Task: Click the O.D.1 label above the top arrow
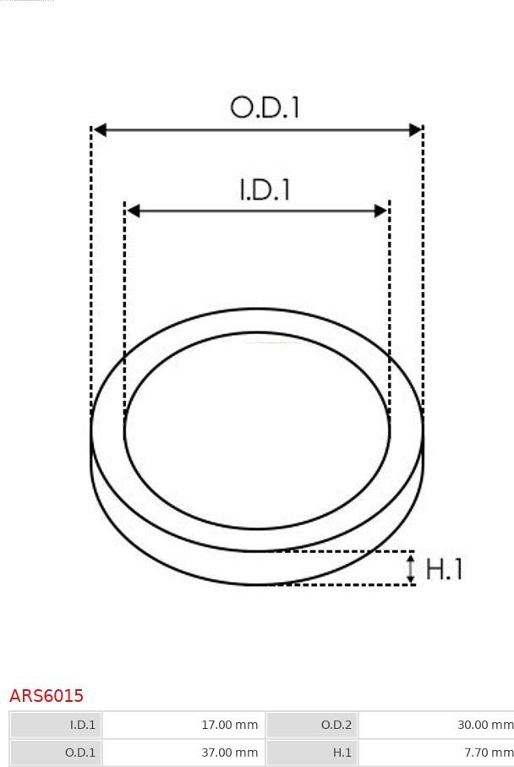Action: [265, 107]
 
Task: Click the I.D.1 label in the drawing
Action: [265, 189]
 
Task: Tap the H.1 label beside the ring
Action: [444, 569]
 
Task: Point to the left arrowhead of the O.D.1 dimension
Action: [100, 130]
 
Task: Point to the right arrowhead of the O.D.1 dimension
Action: [415, 130]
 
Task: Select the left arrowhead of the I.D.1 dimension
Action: [134, 211]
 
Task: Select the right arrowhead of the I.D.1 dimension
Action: [381, 211]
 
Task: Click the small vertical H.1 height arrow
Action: [412, 568]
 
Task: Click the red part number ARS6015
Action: [46, 696]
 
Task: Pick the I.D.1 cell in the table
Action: [56, 725]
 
